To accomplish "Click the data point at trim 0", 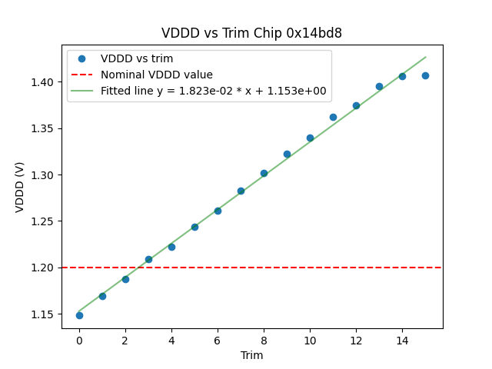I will tap(79, 315).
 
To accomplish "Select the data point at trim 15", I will tap(425, 75).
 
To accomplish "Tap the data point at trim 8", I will tap(264, 173).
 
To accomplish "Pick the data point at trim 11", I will tap(333, 117).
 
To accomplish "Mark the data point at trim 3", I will tap(148, 259).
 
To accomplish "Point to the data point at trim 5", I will tap(194, 227).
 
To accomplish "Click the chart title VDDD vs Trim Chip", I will tap(251, 33).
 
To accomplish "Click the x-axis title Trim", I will tap(251, 355).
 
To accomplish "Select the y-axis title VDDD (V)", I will tap(20, 187).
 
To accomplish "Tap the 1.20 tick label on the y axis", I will tap(45, 268).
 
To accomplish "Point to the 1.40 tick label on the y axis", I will tap(45, 82).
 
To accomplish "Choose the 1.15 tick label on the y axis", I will tap(45, 314).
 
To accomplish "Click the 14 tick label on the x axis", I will tap(402, 339).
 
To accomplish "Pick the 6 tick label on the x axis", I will tap(218, 339).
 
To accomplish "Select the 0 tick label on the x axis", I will tap(79, 339).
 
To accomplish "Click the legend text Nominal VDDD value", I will tap(157, 75).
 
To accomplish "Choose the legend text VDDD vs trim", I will tap(137, 58).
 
